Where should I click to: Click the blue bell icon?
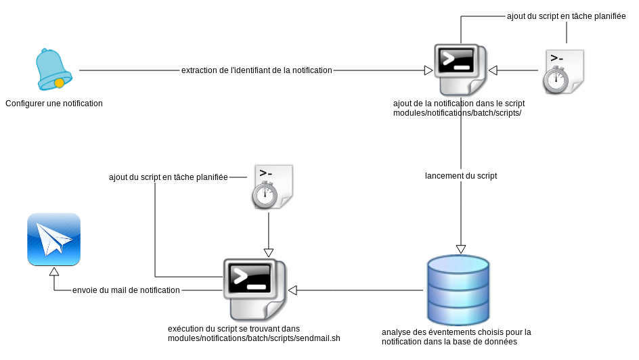pyautogui.click(x=53, y=69)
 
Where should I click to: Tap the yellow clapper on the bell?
pyautogui.click(x=60, y=83)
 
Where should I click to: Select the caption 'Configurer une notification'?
pyautogui.click(x=54, y=104)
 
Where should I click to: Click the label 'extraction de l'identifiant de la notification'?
pyautogui.click(x=257, y=70)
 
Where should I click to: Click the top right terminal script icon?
pyautogui.click(x=460, y=70)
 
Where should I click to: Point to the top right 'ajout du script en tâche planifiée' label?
pyautogui.click(x=566, y=16)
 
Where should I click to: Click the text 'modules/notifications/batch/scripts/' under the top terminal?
pyautogui.click(x=457, y=113)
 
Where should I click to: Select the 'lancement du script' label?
pyautogui.click(x=461, y=175)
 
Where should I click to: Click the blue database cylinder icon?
pyautogui.click(x=458, y=290)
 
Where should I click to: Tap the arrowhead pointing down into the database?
pyautogui.click(x=461, y=248)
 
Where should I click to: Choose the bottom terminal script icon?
pyautogui.click(x=255, y=289)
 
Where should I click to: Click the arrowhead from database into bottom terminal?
pyautogui.click(x=293, y=290)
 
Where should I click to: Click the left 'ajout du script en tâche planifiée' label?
pyautogui.click(x=168, y=177)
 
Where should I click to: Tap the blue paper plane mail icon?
pyautogui.click(x=54, y=240)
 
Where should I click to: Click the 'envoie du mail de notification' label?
pyautogui.click(x=126, y=290)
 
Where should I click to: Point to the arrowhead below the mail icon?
pyautogui.click(x=54, y=272)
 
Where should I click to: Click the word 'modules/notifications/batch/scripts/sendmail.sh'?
pyautogui.click(x=254, y=338)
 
